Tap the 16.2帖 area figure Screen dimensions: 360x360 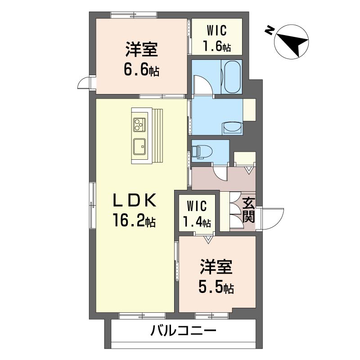click(134, 221)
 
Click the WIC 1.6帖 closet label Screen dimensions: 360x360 click(217, 38)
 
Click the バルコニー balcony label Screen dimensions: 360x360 click(184, 332)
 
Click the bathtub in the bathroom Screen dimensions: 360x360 click(232, 76)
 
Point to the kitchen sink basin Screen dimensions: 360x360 click(139, 145)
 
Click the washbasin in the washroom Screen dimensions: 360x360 click(232, 128)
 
